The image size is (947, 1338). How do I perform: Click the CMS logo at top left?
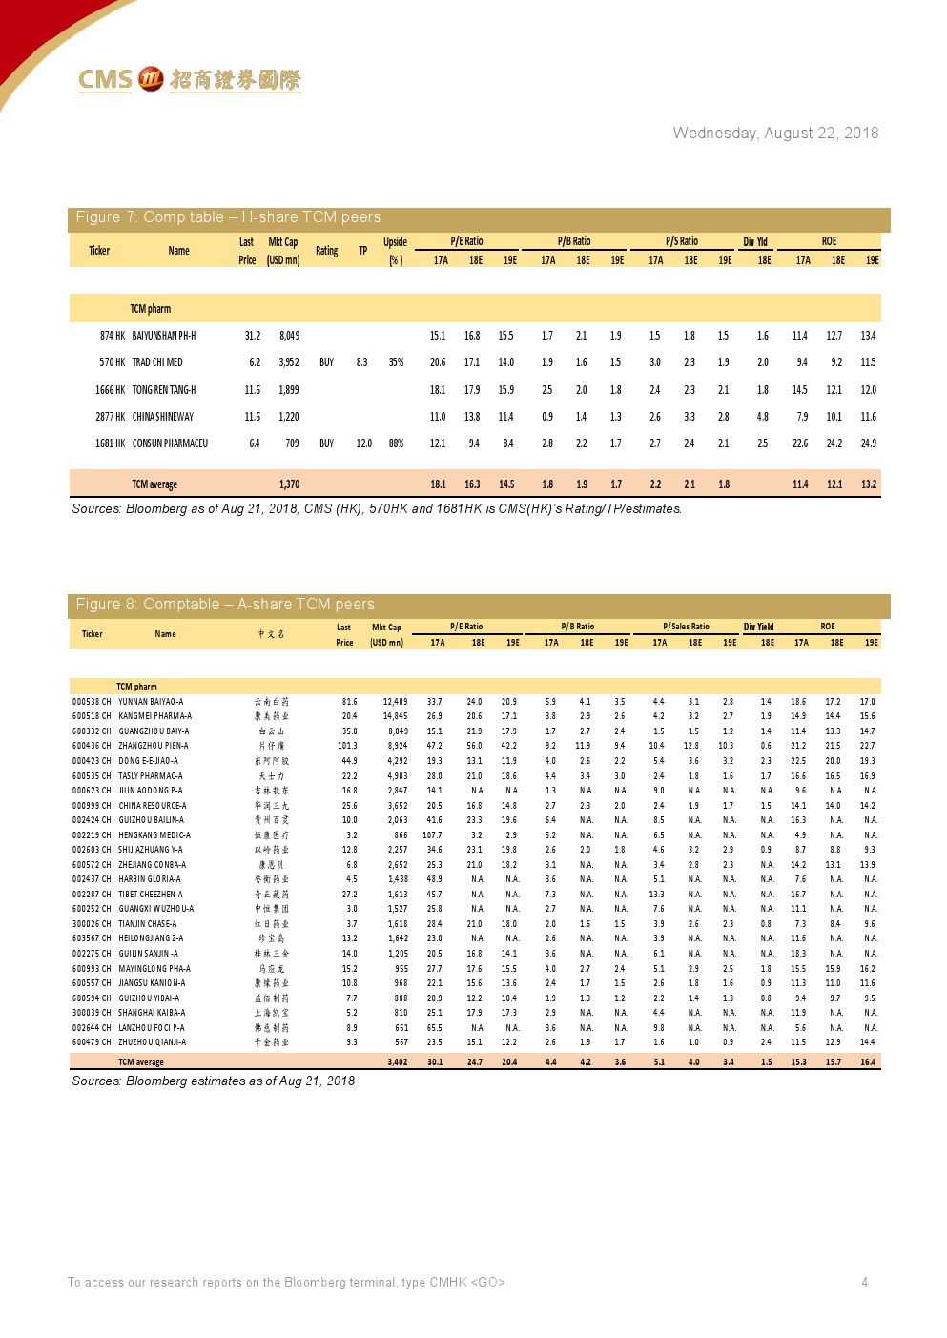[189, 80]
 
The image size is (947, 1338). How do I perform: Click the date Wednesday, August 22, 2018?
[775, 134]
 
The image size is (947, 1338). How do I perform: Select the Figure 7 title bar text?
[228, 217]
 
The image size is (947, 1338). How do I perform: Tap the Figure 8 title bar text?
[225, 605]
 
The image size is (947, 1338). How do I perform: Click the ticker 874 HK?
[113, 336]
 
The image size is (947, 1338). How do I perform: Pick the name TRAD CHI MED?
[157, 362]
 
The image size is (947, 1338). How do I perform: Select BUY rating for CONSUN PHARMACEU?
[326, 443]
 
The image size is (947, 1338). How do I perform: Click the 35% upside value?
[396, 362]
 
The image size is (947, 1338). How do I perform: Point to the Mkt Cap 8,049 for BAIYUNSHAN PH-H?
[289, 336]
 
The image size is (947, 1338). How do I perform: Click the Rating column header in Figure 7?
[326, 251]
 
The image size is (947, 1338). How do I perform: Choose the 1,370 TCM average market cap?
[289, 484]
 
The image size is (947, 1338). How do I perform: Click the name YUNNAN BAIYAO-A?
[151, 702]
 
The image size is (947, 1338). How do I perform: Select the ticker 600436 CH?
[92, 746]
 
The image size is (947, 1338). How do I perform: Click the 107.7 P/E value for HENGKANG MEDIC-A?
[432, 835]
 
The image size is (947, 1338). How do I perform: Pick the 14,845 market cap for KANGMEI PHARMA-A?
[395, 716]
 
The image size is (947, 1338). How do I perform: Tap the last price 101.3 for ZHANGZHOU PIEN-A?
[347, 746]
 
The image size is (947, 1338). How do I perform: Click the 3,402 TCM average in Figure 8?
[398, 1061]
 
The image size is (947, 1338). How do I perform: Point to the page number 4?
[864, 1282]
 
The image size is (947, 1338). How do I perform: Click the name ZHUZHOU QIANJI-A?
[153, 1042]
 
